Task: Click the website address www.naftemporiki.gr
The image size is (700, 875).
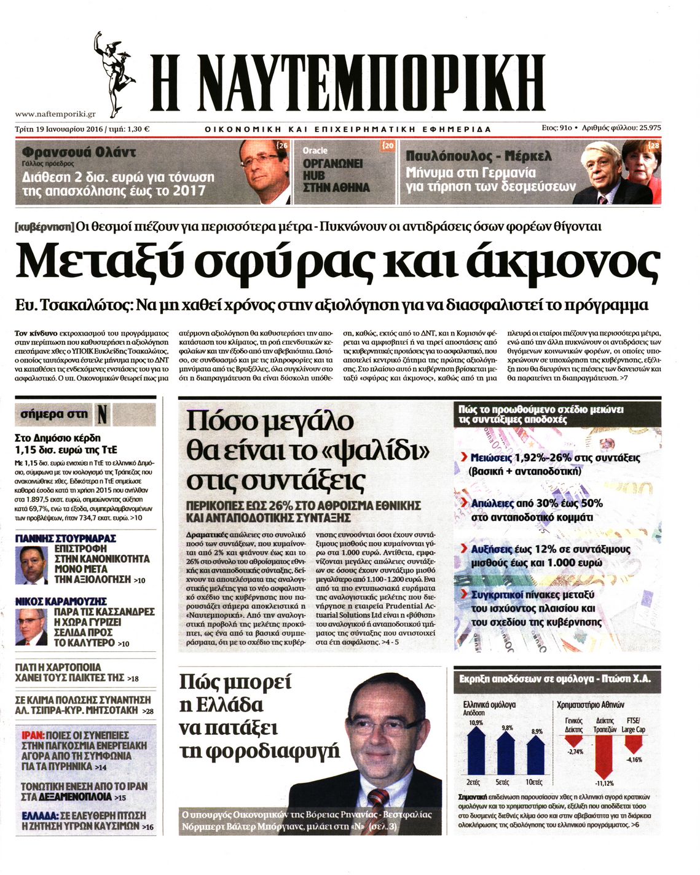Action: (x=55, y=114)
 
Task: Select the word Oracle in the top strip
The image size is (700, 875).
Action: (x=315, y=151)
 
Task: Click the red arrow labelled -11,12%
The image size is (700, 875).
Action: (x=604, y=756)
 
